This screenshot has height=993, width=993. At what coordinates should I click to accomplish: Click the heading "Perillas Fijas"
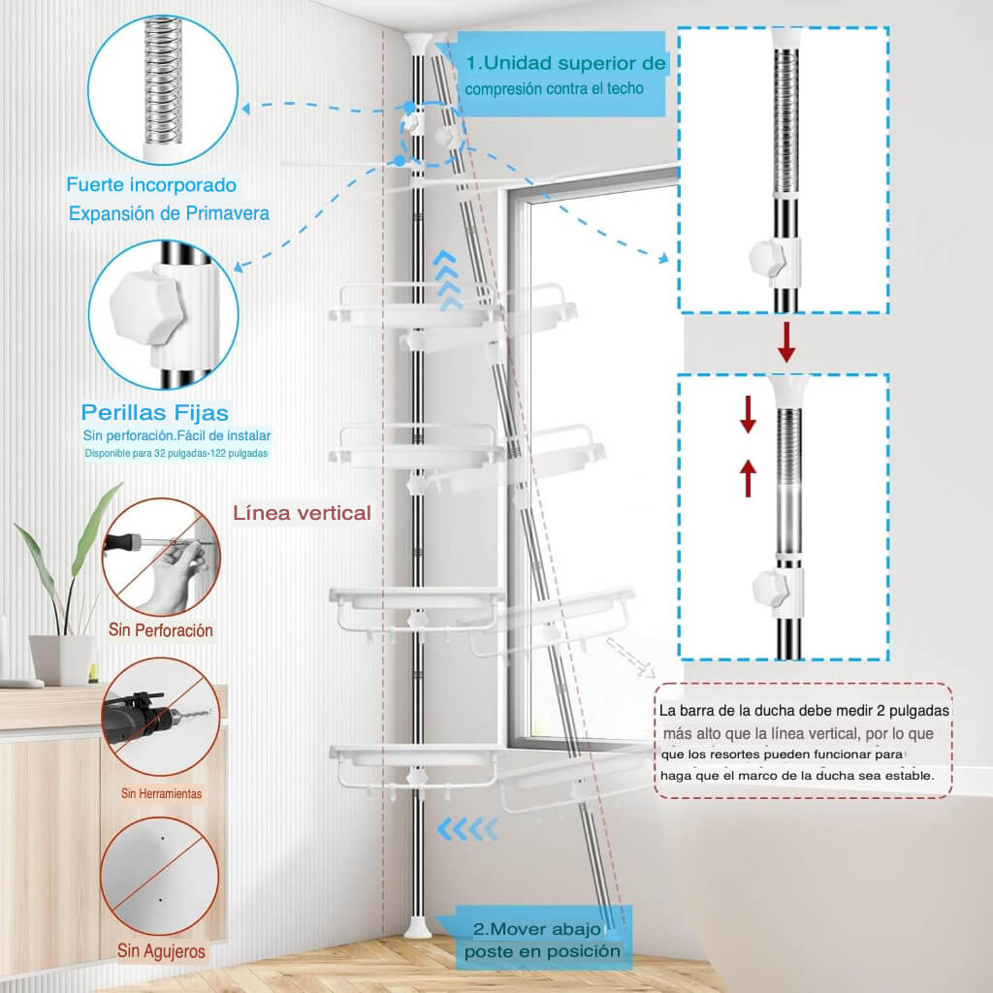[x=155, y=413]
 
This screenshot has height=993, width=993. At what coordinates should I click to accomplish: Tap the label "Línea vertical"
[x=302, y=513]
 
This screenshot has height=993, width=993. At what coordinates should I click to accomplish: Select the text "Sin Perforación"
[x=161, y=630]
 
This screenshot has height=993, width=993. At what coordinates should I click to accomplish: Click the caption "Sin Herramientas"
[x=161, y=793]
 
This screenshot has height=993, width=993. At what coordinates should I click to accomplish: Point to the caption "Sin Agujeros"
[x=161, y=950]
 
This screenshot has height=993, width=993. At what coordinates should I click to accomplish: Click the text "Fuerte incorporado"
[x=151, y=184]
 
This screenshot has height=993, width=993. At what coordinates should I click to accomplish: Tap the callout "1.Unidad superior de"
[x=566, y=64]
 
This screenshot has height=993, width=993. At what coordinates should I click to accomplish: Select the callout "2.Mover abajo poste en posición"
[x=542, y=940]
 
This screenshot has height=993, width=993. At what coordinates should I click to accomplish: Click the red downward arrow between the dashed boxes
[x=786, y=341]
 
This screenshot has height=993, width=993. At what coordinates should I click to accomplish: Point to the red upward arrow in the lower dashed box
[x=748, y=478]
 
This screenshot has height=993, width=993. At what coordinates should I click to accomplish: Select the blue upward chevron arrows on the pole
[x=447, y=280]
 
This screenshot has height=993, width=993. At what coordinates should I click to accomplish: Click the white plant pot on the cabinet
[x=61, y=659]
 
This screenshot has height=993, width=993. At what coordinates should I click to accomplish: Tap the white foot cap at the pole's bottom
[x=417, y=926]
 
